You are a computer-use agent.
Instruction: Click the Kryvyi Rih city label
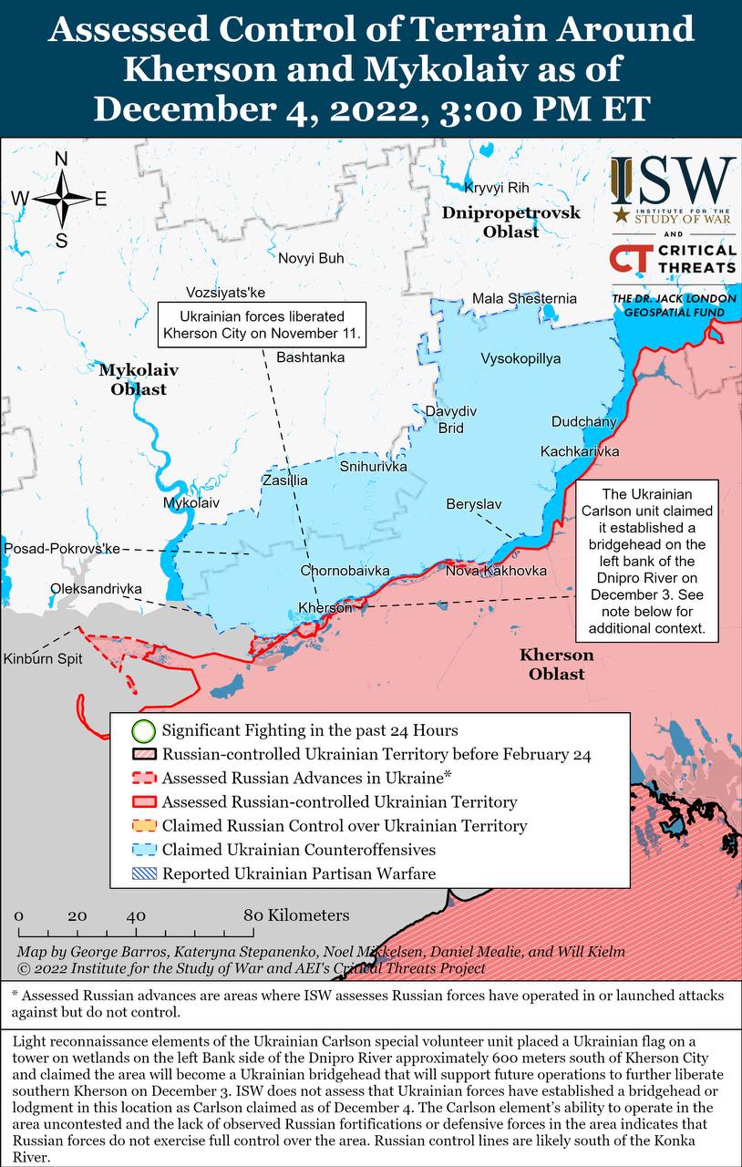tap(497, 188)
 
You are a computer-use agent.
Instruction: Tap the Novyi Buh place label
tap(311, 258)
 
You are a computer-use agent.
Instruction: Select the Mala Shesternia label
tap(524, 298)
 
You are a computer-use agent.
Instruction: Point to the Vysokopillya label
tap(520, 358)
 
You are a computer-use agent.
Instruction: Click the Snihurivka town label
tap(373, 466)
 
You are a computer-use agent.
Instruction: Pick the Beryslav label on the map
tap(473, 504)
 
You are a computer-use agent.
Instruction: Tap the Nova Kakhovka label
tap(496, 571)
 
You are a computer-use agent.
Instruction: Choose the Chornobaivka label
tap(345, 571)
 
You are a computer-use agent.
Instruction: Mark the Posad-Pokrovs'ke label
tap(62, 548)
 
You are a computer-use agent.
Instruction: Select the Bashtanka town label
tap(310, 356)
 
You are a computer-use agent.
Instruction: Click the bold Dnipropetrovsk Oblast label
tap(510, 222)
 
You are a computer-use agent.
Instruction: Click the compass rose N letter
tap(61, 159)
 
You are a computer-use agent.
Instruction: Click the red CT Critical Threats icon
tap(629, 259)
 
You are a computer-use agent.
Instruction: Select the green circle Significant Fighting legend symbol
tap(142, 730)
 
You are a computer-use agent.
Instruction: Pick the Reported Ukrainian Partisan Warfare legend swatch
tap(142, 873)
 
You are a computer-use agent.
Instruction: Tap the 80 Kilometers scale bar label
tap(295, 914)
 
